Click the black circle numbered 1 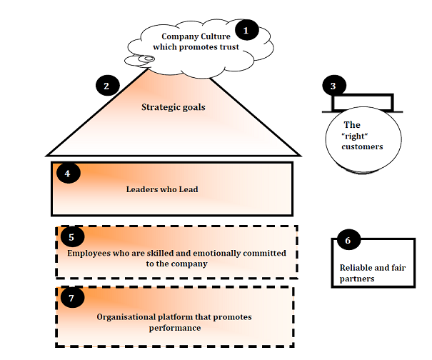click(246, 31)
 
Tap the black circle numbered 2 click(106, 86)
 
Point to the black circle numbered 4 click(66, 173)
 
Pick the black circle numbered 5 click(71, 236)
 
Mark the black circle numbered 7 click(71, 297)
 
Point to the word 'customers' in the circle click(361, 146)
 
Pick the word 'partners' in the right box click(356, 279)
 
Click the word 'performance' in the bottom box click(175, 328)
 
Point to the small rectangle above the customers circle click(361, 102)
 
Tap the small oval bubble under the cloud click(144, 58)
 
